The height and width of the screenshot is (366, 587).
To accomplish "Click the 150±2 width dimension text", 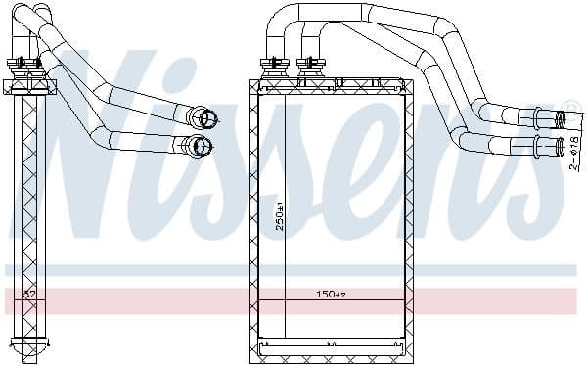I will click(x=331, y=294).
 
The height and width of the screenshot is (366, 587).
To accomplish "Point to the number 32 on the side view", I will click(x=28, y=294).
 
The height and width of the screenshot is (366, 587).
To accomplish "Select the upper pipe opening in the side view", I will click(x=206, y=119).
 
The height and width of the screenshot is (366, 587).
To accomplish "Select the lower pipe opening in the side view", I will click(x=203, y=148).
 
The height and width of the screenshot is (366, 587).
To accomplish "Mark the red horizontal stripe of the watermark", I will click(x=293, y=297).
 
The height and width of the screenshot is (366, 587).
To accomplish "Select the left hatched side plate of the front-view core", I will click(x=259, y=215).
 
